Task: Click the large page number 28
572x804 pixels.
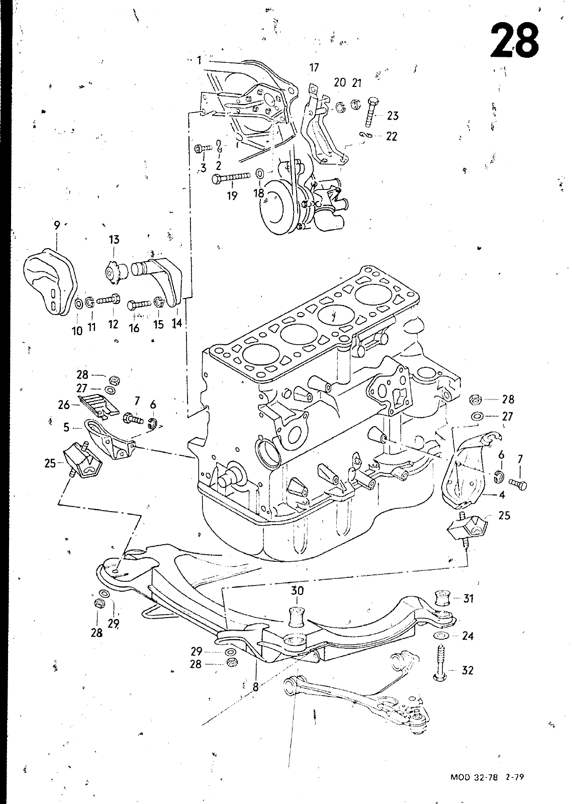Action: coord(515,40)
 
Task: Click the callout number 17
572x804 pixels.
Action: coord(314,67)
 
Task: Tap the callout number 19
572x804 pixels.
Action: coord(232,196)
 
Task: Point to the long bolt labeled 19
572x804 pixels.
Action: coord(231,178)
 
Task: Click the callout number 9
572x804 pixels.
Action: coord(57,226)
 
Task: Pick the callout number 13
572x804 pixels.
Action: coord(114,240)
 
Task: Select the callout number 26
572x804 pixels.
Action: coord(64,405)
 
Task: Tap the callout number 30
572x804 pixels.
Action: coord(297,590)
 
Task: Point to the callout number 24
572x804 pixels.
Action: coord(468,636)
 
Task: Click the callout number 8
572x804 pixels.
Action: coord(255,687)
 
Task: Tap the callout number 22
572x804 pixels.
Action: coord(392,136)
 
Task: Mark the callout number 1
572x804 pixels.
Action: coord(199,60)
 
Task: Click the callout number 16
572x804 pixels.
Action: coord(134,328)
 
